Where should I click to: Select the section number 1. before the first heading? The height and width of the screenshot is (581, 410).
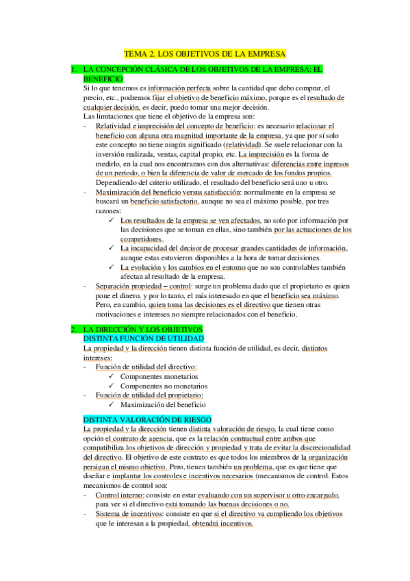(x=74, y=69)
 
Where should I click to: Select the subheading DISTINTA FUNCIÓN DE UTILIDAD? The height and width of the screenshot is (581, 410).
(x=142, y=338)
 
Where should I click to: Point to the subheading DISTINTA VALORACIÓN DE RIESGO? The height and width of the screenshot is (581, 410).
(x=147, y=419)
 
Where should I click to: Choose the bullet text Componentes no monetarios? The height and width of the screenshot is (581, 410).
(x=165, y=386)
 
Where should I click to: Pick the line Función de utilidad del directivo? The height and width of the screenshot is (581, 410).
(x=146, y=367)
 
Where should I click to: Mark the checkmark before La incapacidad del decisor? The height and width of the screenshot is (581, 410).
(x=112, y=249)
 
